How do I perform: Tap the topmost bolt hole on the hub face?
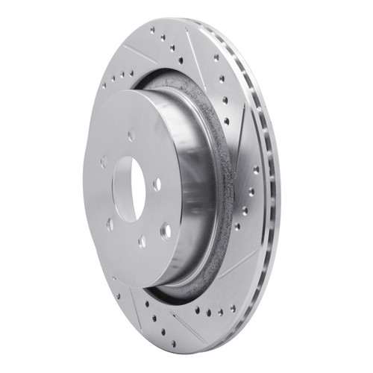point(131,136)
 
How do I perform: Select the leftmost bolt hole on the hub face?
point(103,161)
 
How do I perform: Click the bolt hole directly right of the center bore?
point(157,182)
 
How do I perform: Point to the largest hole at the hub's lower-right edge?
point(166,231)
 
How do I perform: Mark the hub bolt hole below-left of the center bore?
point(110,223)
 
